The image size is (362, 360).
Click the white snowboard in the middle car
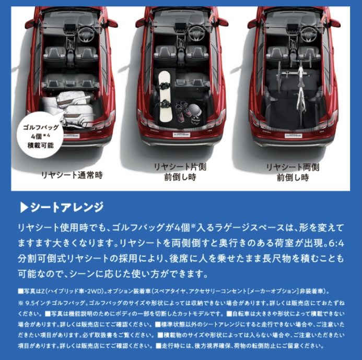click(165, 97)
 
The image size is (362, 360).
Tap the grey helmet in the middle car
click(195, 110)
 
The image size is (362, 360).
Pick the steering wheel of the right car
click(308, 34)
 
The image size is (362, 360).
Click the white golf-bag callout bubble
click(40, 135)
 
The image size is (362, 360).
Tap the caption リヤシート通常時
click(72, 175)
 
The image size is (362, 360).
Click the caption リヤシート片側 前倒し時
click(180, 172)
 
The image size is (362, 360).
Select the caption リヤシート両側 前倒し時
click(293, 172)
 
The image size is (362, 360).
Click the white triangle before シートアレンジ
click(24, 207)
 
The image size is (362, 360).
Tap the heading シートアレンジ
click(67, 207)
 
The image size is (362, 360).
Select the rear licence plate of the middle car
click(181, 135)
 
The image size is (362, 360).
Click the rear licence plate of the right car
click(294, 136)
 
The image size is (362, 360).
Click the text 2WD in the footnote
click(96, 291)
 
